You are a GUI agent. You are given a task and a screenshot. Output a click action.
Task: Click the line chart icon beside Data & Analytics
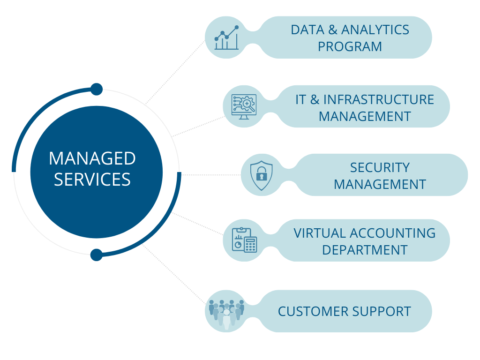(x=226, y=37)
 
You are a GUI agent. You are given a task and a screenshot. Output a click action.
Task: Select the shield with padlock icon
(x=261, y=175)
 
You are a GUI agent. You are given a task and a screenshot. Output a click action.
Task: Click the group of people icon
(x=226, y=312)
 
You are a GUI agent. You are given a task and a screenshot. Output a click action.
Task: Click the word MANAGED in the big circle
(x=92, y=158)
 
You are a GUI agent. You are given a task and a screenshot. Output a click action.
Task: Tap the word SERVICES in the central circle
(x=92, y=180)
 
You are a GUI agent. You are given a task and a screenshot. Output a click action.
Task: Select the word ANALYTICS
(x=375, y=30)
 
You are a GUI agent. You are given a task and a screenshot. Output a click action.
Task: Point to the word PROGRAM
(x=350, y=47)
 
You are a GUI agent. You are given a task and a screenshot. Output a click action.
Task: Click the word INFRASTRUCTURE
(x=379, y=99)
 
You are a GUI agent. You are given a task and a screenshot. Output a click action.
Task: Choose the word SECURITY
(x=380, y=167)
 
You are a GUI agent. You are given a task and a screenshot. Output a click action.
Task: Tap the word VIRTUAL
(x=320, y=233)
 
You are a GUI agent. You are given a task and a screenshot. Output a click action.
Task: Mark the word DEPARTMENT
(x=365, y=250)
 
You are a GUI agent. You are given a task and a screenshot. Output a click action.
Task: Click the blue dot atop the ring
(x=97, y=89)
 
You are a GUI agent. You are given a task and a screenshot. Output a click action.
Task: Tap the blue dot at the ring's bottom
(x=97, y=255)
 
